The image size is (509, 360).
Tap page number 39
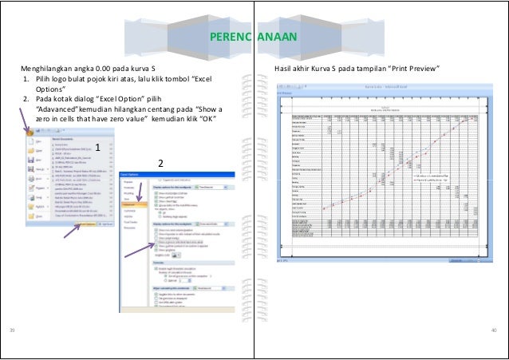pos(12,329)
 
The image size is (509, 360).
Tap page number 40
pos(494,329)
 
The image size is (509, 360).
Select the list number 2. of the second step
pos(25,100)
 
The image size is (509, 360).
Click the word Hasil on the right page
pos(283,69)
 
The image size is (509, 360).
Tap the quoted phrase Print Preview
pos(412,69)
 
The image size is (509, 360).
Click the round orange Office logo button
pos(31,131)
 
